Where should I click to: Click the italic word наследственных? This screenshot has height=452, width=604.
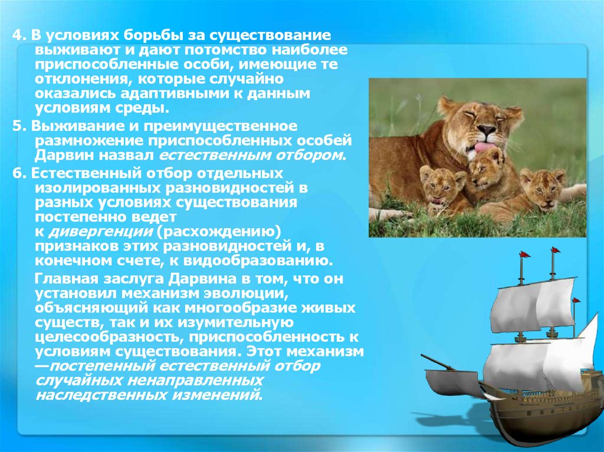88,394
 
